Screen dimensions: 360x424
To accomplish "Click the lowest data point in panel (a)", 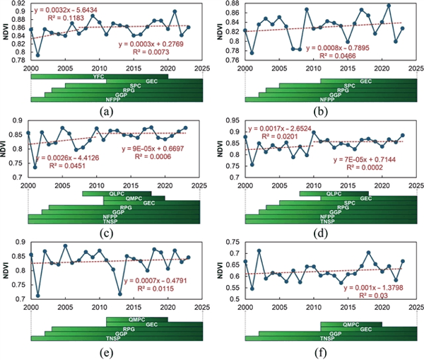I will coord(37,54).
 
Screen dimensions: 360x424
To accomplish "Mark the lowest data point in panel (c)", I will coord(35,187).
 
